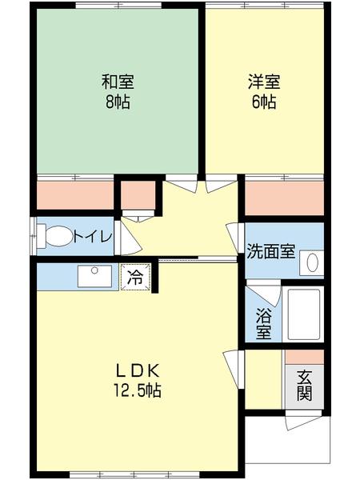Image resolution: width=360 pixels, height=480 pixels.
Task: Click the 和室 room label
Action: tap(117, 81)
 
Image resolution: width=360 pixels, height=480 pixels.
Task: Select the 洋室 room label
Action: tap(265, 81)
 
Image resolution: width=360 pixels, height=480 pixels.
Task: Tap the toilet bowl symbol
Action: tap(55, 237)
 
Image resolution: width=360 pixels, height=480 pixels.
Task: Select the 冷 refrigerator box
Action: tap(135, 278)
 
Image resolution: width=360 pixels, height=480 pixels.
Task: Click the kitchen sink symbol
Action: tap(96, 276)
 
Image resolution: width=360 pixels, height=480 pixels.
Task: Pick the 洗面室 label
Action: tap(270, 250)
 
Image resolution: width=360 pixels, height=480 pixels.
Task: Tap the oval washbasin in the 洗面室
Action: tap(313, 262)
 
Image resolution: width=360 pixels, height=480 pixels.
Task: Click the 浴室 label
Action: tap(263, 324)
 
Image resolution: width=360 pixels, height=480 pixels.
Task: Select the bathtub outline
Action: tap(303, 314)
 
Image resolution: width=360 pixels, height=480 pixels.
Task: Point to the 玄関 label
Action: tap(305, 386)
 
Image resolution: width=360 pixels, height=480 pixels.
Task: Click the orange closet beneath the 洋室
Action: tap(284, 197)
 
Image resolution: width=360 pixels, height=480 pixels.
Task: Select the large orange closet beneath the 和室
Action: tap(75, 194)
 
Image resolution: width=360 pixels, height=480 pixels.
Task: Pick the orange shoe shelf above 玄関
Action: tap(305, 357)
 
